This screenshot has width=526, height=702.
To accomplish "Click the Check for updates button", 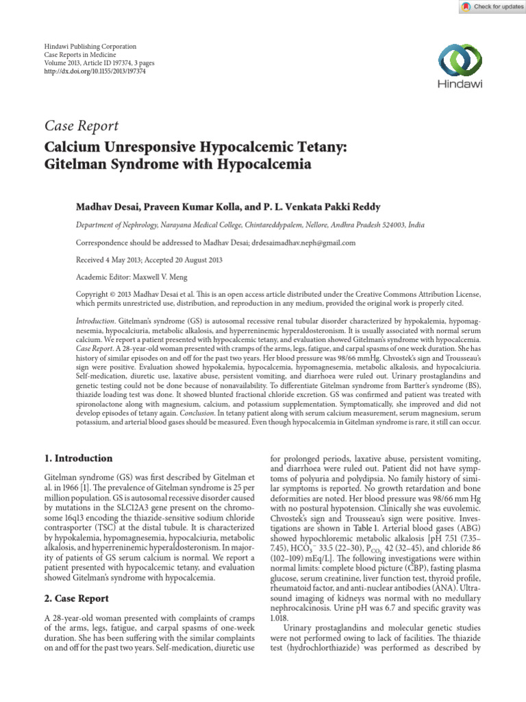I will (x=490, y=6).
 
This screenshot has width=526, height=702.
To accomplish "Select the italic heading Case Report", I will (x=82, y=125).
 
